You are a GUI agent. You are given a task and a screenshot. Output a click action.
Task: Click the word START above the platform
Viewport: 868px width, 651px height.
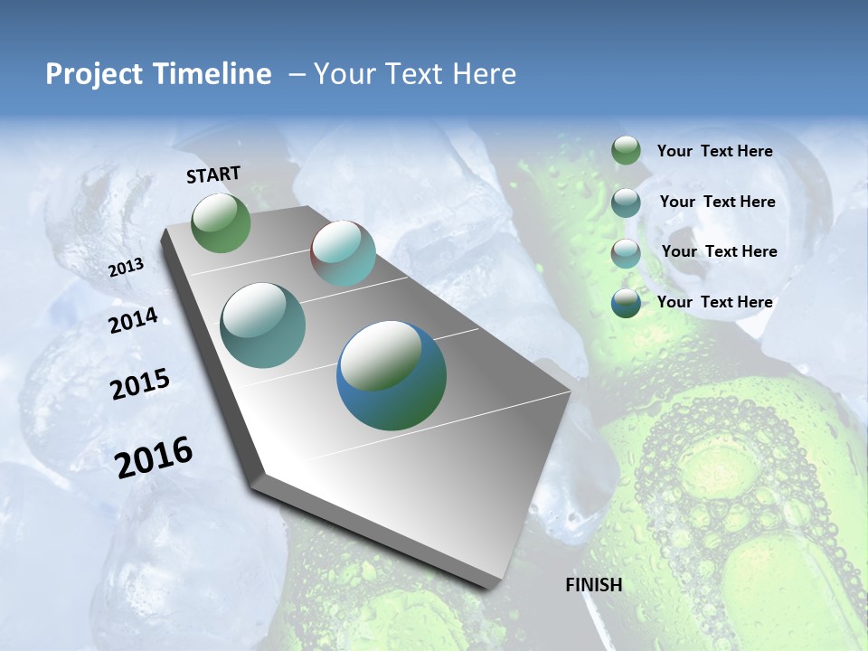click(213, 174)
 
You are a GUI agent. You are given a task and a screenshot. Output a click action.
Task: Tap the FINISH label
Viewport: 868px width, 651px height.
click(594, 585)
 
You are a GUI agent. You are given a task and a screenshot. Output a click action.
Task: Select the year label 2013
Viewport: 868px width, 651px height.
click(126, 268)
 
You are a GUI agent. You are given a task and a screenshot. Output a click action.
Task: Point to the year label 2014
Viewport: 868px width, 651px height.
click(134, 321)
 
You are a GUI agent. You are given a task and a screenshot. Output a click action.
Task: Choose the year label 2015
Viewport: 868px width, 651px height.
click(140, 384)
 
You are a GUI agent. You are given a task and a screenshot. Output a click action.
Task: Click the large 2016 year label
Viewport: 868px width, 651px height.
click(154, 457)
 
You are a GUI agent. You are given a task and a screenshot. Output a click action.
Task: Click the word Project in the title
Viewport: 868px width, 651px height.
click(94, 74)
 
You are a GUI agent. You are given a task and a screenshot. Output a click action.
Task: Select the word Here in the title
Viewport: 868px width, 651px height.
click(484, 74)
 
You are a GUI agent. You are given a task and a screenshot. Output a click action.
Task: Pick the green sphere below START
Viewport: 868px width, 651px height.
click(222, 222)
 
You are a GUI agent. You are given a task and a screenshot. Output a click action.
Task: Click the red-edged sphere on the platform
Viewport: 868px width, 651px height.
click(343, 253)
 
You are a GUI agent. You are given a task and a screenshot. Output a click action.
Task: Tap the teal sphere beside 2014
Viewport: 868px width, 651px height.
click(263, 325)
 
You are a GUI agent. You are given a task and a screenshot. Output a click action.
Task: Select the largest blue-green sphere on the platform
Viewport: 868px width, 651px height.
click(392, 375)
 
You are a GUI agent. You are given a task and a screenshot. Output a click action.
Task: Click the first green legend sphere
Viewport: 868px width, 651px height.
click(626, 150)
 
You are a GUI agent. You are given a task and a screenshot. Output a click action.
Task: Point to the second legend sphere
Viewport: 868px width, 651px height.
click(626, 203)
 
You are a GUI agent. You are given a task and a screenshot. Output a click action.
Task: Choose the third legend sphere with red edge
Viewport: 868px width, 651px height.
click(626, 253)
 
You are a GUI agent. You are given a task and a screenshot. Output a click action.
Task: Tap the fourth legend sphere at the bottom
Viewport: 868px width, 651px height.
click(626, 303)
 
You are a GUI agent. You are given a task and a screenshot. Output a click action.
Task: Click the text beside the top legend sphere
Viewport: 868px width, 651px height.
click(714, 151)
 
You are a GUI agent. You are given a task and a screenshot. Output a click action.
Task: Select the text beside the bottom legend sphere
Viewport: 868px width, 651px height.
click(714, 302)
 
